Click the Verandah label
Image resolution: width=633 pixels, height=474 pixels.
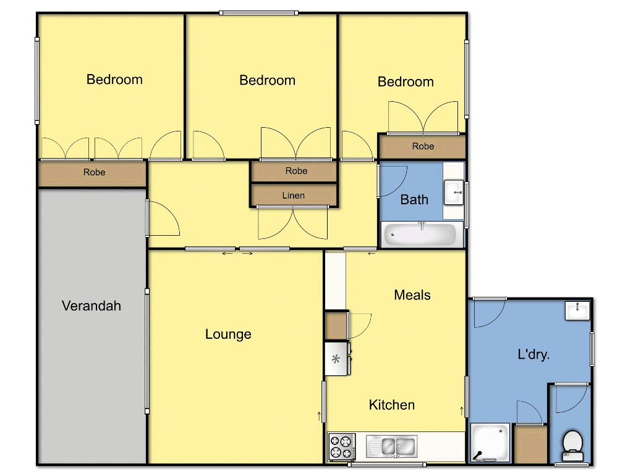pyautogui.click(x=91, y=306)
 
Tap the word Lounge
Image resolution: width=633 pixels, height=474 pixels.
pyautogui.click(x=228, y=334)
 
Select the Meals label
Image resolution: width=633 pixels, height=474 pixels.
pyautogui.click(x=412, y=295)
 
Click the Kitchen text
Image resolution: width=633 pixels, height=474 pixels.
pyautogui.click(x=391, y=405)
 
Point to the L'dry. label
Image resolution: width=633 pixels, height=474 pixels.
pyautogui.click(x=533, y=354)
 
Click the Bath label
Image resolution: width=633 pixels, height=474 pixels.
pyautogui.click(x=414, y=199)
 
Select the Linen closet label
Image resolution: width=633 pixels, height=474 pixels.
pyautogui.click(x=294, y=196)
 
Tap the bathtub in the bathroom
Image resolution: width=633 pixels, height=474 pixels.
pyautogui.click(x=420, y=235)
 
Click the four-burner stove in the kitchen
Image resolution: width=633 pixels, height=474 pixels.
pyautogui.click(x=342, y=446)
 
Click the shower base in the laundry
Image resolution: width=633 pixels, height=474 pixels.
pyautogui.click(x=490, y=443)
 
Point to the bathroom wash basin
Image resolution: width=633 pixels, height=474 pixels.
pyautogui.click(x=454, y=193)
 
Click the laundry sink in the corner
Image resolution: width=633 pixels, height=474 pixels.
pyautogui.click(x=577, y=310)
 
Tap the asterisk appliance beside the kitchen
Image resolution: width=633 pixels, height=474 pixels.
pyautogui.click(x=336, y=359)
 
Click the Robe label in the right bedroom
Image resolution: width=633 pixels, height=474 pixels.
pyautogui.click(x=423, y=146)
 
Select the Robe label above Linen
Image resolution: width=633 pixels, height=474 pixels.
pyautogui.click(x=296, y=171)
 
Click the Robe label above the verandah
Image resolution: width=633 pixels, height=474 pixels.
pyautogui.click(x=94, y=172)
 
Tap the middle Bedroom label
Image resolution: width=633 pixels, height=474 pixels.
pyautogui.click(x=267, y=80)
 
